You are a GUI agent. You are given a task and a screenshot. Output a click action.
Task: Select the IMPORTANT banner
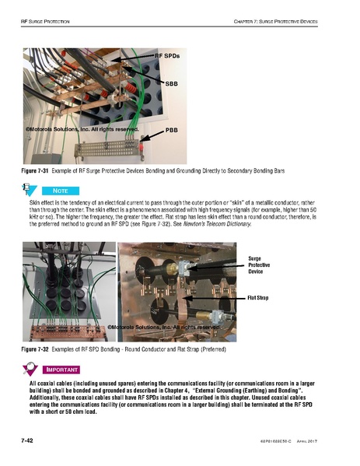[x=69, y=370]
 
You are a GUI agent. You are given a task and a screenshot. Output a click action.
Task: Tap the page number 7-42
[x=31, y=441]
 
